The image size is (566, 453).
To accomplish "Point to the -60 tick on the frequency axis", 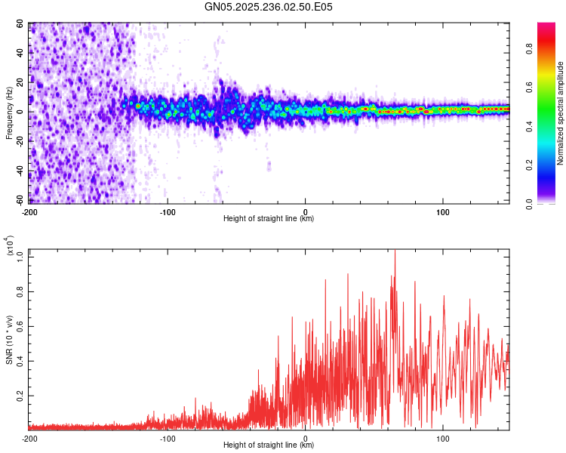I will tap(20, 200).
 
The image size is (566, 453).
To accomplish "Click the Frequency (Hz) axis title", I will tap(9, 112).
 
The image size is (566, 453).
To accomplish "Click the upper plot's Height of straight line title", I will tap(269, 218).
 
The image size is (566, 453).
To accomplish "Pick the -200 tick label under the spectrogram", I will tap(29, 211).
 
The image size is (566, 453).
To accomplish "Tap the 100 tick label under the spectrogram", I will tap(443, 211).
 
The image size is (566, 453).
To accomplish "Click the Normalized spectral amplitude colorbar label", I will tap(561, 113).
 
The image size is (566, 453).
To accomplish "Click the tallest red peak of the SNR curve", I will tap(395, 251).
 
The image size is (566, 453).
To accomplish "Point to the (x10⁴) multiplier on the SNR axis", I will tap(11, 245).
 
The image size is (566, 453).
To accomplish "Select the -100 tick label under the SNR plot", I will tap(168, 438).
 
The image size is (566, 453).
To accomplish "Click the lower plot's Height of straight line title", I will tap(269, 445).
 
